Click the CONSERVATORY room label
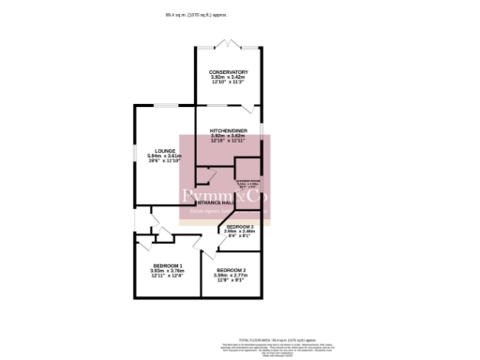229,72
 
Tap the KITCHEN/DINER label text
228,131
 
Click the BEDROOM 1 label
167,265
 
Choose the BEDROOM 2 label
231,270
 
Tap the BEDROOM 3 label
240,227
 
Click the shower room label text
248,181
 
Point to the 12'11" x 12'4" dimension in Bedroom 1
167,276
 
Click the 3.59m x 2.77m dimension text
231,275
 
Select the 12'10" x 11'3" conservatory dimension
229,82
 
